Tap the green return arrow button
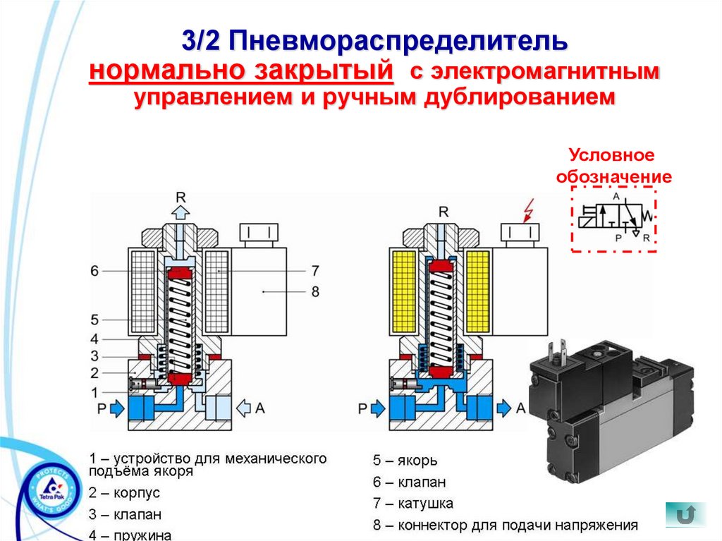click(685, 514)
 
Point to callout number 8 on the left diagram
click(314, 290)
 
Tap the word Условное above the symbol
click(613, 154)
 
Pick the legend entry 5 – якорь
click(405, 461)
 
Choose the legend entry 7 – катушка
click(413, 504)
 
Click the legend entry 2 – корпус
click(125, 492)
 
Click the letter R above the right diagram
click(443, 211)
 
